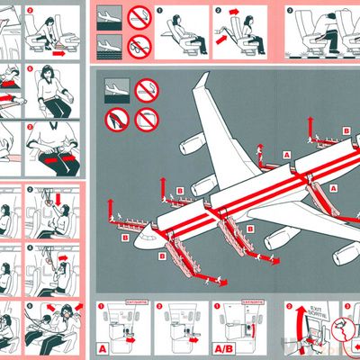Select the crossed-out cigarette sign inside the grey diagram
(x=147, y=89)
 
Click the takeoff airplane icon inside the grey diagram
(x=116, y=89)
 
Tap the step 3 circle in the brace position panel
(x=290, y=12)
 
